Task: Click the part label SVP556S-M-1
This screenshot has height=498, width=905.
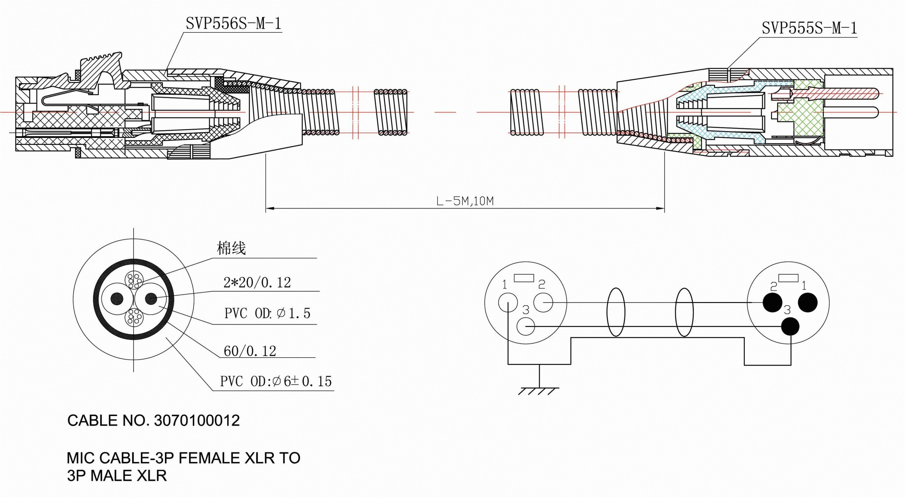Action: (x=234, y=24)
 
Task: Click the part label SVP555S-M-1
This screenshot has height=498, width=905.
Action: (x=809, y=28)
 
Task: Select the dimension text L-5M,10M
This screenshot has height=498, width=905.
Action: (x=465, y=201)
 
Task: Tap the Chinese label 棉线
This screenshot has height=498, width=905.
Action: (x=231, y=248)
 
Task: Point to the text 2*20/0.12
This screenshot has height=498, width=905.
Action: (x=257, y=282)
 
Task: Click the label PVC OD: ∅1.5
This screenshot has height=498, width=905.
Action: (x=267, y=313)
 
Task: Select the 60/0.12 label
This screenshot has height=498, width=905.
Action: (x=250, y=351)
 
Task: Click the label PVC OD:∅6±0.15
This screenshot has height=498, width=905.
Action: (x=276, y=381)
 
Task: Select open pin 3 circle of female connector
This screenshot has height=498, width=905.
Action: (x=526, y=327)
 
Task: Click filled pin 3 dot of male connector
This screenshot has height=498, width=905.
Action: (x=790, y=327)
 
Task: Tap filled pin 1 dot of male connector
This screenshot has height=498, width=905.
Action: (x=808, y=302)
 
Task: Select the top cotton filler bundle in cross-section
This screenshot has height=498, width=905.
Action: (x=134, y=281)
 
